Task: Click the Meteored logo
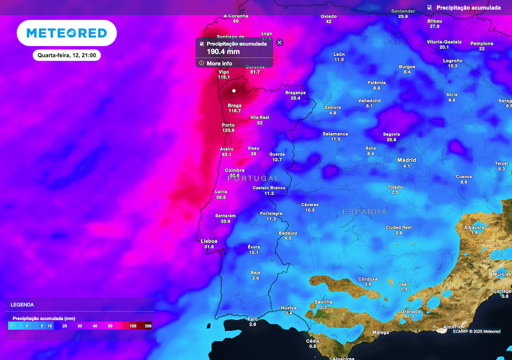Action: click(66, 33)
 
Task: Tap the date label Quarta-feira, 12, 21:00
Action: click(66, 55)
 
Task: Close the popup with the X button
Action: click(279, 42)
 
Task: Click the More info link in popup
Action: click(219, 63)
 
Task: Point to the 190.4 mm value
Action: click(223, 51)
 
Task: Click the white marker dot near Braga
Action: click(233, 91)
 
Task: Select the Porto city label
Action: click(228, 125)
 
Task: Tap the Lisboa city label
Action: click(209, 241)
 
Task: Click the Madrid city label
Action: click(406, 160)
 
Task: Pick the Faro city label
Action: click(252, 319)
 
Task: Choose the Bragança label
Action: click(295, 92)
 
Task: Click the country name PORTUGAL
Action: click(253, 178)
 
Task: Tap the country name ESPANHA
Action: click(364, 212)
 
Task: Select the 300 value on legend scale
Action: click(148, 326)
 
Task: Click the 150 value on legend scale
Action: click(133, 326)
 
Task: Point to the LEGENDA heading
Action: click(22, 304)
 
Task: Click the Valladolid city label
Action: click(369, 100)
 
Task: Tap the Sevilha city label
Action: click(323, 302)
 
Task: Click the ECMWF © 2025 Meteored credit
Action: click(476, 331)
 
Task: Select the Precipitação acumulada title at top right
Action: click(468, 8)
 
